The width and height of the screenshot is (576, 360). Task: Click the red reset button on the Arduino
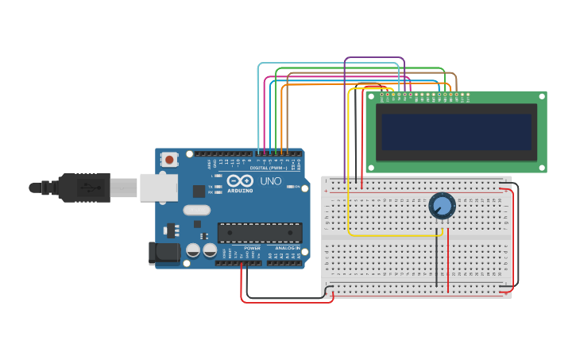coord(169,160)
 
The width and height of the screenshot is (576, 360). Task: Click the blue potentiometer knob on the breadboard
coord(443,207)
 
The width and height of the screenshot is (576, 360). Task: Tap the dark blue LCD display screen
coord(456,131)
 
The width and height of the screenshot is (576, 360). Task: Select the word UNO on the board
coord(271,181)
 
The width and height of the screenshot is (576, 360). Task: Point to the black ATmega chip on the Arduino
coord(260,232)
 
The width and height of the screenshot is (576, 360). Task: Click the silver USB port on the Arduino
coord(158,188)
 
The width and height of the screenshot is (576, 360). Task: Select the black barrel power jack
coord(164,254)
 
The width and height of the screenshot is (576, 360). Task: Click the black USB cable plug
coord(83,188)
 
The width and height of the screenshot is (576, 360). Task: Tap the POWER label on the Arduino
coord(252,249)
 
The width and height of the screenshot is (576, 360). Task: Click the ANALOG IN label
coord(287,249)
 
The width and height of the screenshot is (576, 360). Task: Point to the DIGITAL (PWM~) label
coord(268,168)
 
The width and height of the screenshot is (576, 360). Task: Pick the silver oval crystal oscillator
coord(196,211)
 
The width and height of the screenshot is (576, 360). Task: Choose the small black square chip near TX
coord(199,192)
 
